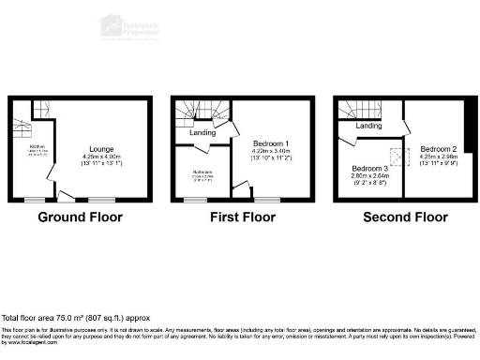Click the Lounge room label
coord(102,149)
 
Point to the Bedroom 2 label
coord(438,149)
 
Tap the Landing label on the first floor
coord(202,132)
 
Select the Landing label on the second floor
coord(367,125)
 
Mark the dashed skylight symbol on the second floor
coord(397,158)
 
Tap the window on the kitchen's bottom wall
coord(35,200)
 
